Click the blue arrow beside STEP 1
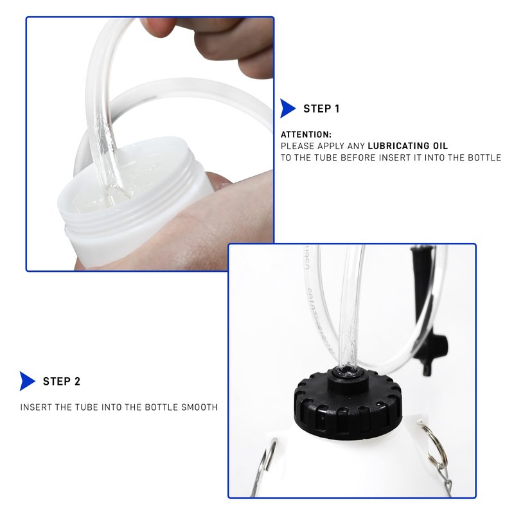point(287,109)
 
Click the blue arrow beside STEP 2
point(26,381)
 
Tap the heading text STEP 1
point(321,109)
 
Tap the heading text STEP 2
point(62,381)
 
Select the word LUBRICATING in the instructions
point(398,146)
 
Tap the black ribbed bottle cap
point(348,403)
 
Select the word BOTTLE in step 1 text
point(484,157)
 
